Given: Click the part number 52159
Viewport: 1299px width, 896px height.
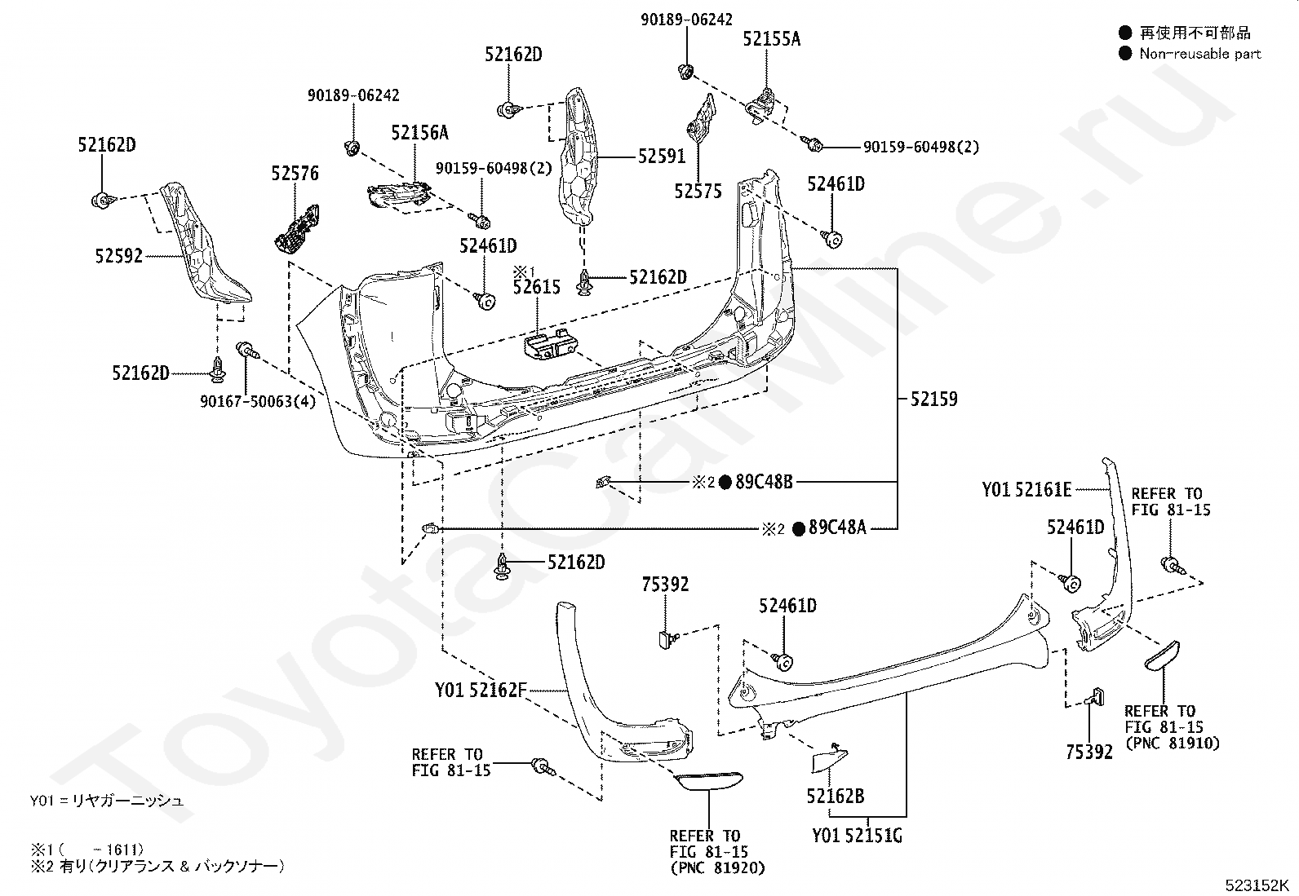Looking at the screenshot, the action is click(933, 399).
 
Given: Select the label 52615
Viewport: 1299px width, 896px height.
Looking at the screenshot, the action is click(536, 287).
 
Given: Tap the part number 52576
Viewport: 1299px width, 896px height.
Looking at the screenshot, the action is click(295, 173).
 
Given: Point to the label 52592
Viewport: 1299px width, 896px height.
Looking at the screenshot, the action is click(119, 255).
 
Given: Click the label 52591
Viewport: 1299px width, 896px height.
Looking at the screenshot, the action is click(662, 156).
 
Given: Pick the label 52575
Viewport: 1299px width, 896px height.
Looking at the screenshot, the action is click(698, 191).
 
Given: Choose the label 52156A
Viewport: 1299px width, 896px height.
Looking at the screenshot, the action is click(420, 133).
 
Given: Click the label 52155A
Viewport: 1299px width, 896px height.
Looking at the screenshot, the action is click(772, 39).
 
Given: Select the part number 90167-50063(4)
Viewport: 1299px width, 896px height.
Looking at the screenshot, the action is click(258, 401).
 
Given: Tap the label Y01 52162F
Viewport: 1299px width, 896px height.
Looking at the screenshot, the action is click(481, 690).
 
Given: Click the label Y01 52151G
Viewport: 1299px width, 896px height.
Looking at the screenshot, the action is click(857, 835).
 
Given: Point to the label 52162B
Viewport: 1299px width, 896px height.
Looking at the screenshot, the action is click(836, 796).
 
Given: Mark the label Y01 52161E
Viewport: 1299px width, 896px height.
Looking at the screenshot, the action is click(1027, 490).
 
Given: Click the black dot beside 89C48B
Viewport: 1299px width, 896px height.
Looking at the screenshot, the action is click(725, 482).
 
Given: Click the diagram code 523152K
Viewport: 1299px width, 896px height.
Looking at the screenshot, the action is click(1256, 885).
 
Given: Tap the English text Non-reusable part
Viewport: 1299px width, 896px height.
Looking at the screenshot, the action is click(1199, 54).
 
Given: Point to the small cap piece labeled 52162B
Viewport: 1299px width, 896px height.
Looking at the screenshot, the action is click(829, 757).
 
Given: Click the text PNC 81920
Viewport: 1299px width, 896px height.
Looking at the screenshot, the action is click(717, 867).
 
